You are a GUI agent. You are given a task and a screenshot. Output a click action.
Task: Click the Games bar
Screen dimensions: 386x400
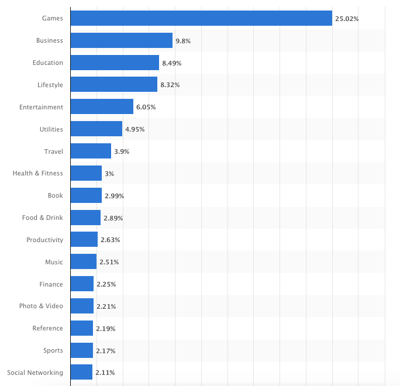(x=201, y=19)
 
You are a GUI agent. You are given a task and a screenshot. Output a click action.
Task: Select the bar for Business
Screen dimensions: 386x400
(x=121, y=40)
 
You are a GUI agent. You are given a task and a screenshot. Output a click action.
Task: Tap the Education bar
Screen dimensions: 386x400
(x=115, y=63)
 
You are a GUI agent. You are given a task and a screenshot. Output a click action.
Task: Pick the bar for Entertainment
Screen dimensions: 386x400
(x=102, y=107)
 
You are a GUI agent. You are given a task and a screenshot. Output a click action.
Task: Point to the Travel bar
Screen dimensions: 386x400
(x=91, y=151)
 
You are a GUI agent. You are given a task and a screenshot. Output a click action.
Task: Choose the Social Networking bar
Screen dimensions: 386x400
(x=81, y=373)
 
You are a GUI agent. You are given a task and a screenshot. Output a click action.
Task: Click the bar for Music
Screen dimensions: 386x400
(x=84, y=262)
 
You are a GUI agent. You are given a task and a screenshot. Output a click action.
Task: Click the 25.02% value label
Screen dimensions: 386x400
(x=347, y=19)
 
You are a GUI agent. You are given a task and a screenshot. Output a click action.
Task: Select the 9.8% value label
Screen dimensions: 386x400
(x=183, y=41)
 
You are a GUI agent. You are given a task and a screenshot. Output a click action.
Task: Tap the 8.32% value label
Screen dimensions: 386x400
(x=170, y=85)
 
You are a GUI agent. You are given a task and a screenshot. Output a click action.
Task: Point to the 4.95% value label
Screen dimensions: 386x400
(x=135, y=129)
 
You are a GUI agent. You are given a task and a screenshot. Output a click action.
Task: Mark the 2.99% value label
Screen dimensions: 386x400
(x=114, y=196)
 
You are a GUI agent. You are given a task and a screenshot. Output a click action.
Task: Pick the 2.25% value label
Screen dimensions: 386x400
(x=106, y=284)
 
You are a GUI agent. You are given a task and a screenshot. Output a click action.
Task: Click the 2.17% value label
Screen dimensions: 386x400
(x=105, y=351)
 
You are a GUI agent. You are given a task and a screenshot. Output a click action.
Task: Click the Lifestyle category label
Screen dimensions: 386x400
(x=50, y=85)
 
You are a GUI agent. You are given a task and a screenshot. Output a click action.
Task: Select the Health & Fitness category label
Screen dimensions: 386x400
(x=37, y=173)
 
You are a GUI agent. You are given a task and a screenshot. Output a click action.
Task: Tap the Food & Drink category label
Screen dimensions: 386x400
(x=42, y=218)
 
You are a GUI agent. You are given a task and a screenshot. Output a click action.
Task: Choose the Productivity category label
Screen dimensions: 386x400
(x=44, y=240)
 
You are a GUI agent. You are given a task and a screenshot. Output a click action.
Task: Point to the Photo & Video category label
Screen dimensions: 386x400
(x=40, y=306)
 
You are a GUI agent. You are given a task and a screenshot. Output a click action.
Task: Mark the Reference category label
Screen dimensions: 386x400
(x=47, y=328)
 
